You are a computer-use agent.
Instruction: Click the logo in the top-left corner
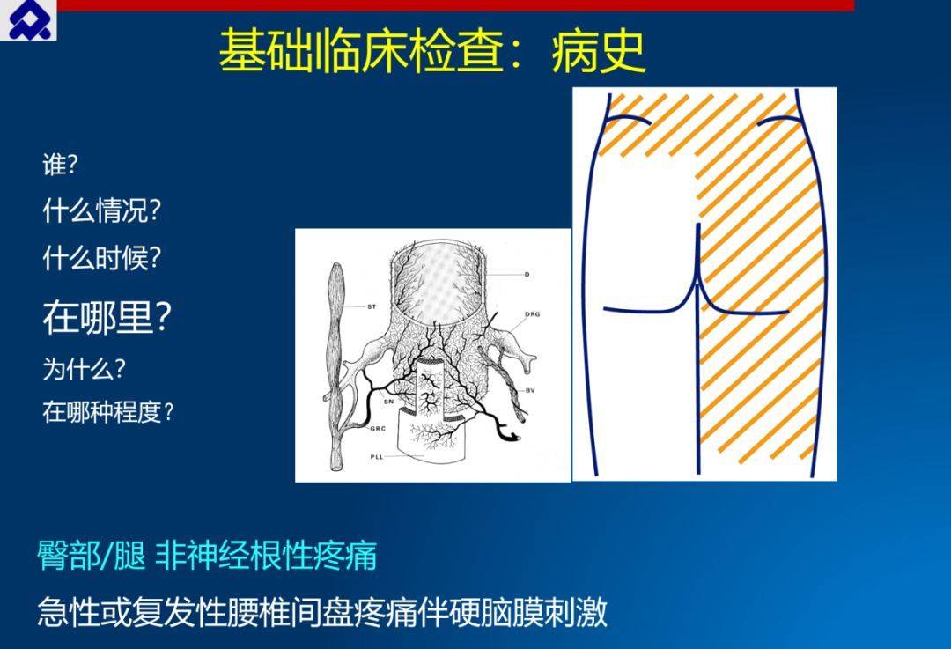[28, 20]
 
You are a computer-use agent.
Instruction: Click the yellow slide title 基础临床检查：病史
[432, 51]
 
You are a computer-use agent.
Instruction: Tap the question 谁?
[60, 165]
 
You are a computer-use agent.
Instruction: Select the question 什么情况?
[102, 210]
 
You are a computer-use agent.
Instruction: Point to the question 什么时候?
[102, 258]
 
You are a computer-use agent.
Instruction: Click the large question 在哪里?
[107, 317]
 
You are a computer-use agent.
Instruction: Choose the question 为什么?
[84, 368]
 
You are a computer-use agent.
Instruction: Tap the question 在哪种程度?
[108, 412]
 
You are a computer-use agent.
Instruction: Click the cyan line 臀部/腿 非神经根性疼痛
[207, 555]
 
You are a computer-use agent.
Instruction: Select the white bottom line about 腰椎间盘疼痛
[322, 612]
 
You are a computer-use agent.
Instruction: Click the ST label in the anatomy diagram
[372, 307]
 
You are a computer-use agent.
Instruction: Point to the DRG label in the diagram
[533, 314]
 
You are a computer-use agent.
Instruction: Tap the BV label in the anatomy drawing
[530, 390]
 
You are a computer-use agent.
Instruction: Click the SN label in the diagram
[389, 402]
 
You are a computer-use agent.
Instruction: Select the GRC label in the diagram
[378, 429]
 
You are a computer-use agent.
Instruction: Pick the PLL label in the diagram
[377, 457]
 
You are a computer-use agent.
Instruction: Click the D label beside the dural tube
[527, 275]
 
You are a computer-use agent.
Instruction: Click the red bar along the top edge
[455, 5]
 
